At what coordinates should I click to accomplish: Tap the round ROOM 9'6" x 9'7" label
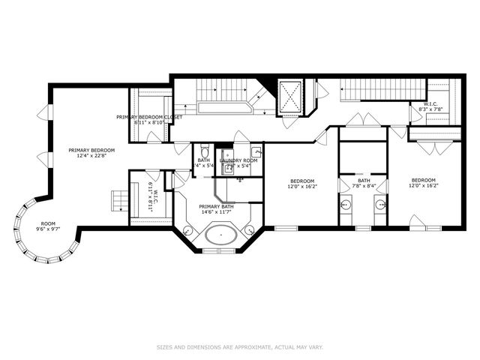pyautogui.click(x=48, y=223)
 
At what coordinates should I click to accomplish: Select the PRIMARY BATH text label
pyautogui.click(x=217, y=206)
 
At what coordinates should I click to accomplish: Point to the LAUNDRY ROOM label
pyautogui.click(x=238, y=160)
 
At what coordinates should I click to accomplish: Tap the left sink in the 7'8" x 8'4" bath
pyautogui.click(x=346, y=203)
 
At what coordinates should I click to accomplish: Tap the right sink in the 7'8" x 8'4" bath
pyautogui.click(x=380, y=203)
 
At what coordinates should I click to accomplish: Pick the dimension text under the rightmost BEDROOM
pyautogui.click(x=423, y=186)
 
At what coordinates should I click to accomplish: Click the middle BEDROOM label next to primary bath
pyautogui.click(x=301, y=180)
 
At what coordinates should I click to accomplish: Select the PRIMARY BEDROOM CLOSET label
pyautogui.click(x=149, y=117)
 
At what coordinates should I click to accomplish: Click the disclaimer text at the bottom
pyautogui.click(x=239, y=347)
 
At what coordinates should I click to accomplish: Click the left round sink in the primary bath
pyautogui.click(x=187, y=230)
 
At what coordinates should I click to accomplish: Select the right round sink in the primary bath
pyautogui.click(x=250, y=230)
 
